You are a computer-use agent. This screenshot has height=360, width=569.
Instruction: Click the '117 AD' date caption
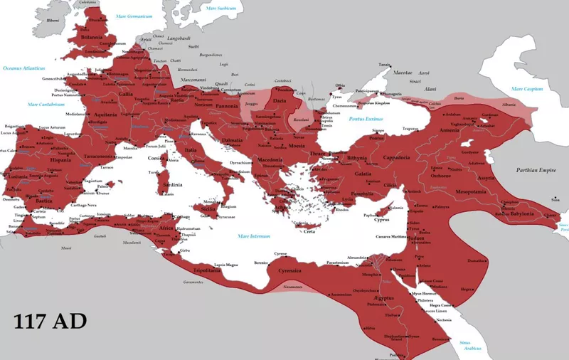point(50,321)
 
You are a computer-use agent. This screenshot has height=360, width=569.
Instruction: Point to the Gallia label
point(125,93)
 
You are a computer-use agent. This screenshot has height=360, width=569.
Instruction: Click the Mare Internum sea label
point(254,235)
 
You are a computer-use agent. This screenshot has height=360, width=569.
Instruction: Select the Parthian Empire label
point(537,170)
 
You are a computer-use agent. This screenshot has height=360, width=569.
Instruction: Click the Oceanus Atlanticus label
point(23,68)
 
